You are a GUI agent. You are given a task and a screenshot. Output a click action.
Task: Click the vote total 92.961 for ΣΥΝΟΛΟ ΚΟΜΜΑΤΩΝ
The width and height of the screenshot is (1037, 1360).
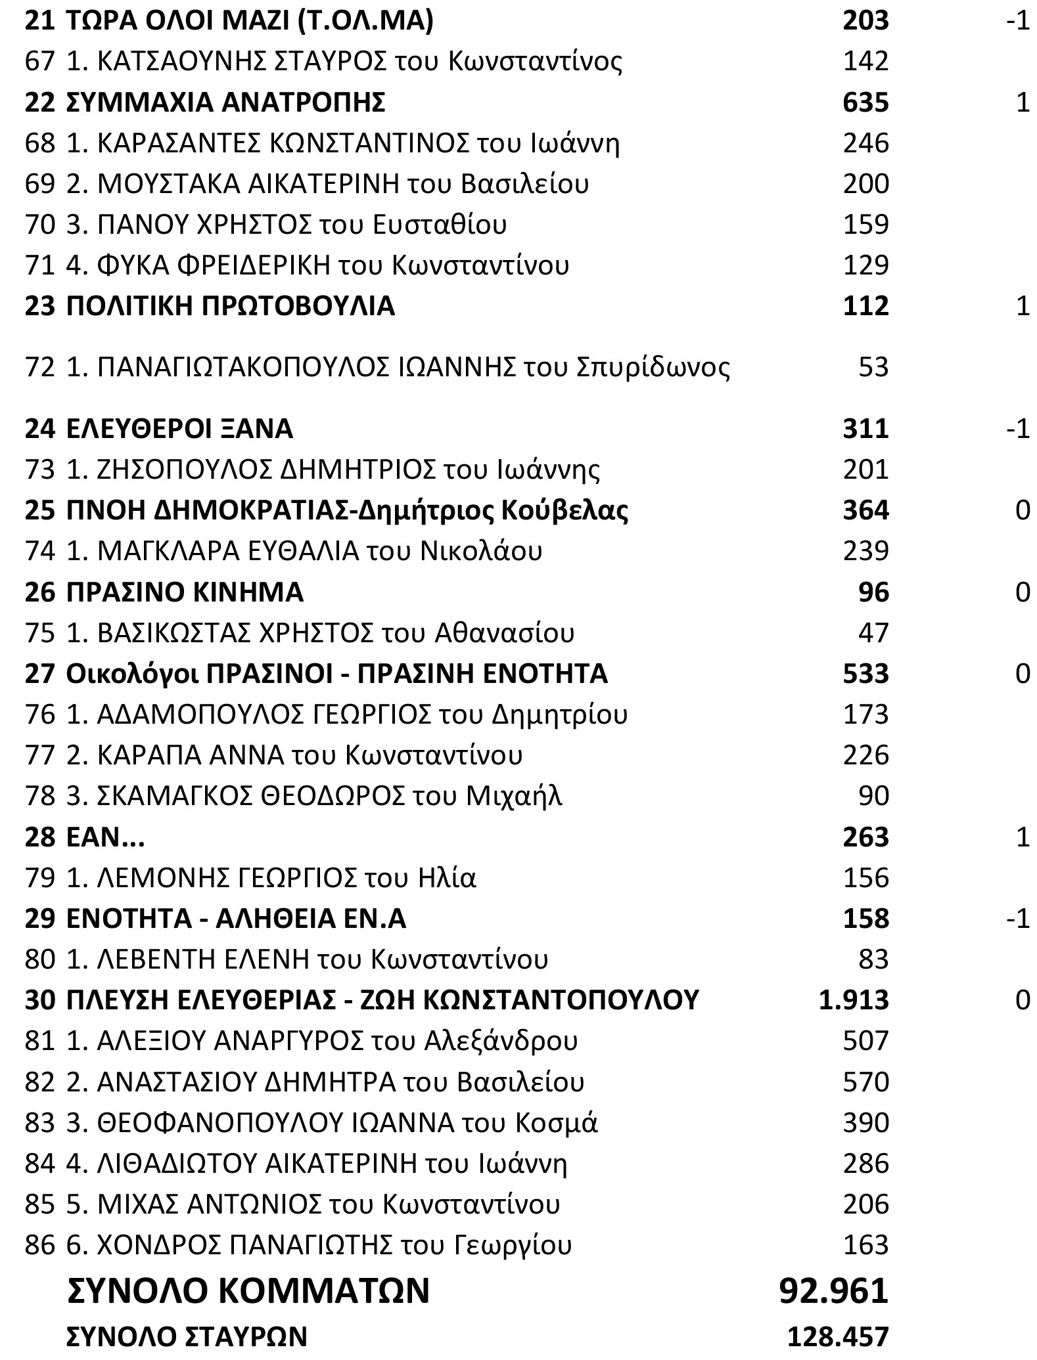(x=833, y=1290)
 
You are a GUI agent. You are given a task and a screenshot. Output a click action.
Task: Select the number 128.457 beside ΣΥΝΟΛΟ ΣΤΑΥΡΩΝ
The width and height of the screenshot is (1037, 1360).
(x=838, y=1337)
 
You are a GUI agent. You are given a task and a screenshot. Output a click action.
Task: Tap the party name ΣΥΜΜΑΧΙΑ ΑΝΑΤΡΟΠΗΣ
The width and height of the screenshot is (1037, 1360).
(x=226, y=102)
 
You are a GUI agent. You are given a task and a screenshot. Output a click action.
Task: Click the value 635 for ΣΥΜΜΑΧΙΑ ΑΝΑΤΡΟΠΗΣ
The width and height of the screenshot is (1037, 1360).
(x=865, y=102)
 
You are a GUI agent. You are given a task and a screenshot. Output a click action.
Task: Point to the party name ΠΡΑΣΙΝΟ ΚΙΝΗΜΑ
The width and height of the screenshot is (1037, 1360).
(x=185, y=592)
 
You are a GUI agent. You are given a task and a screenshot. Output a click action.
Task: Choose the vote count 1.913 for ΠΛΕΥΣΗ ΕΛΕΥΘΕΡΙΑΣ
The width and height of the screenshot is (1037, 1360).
(x=854, y=1000)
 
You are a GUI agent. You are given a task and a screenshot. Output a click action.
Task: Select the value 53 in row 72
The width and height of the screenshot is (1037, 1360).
(x=873, y=367)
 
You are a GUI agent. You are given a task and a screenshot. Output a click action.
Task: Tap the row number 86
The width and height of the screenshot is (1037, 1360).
(x=39, y=1244)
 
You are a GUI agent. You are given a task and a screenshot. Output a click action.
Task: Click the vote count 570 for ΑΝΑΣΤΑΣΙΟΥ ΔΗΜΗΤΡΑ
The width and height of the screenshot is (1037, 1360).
(x=865, y=1082)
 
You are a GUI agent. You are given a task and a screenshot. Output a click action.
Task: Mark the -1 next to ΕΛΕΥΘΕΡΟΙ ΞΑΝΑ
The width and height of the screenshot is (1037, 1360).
(x=1017, y=429)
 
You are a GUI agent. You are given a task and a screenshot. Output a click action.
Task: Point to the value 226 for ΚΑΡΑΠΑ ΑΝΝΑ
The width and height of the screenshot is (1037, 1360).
(x=865, y=755)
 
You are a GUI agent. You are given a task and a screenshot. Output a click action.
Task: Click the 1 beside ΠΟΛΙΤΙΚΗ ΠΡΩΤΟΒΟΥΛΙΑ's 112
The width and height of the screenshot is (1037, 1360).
(x=1023, y=307)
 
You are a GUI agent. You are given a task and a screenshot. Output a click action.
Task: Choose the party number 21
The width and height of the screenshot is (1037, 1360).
(x=39, y=21)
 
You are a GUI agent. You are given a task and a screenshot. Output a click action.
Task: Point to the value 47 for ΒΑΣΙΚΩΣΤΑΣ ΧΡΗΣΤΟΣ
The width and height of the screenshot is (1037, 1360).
(x=873, y=633)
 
